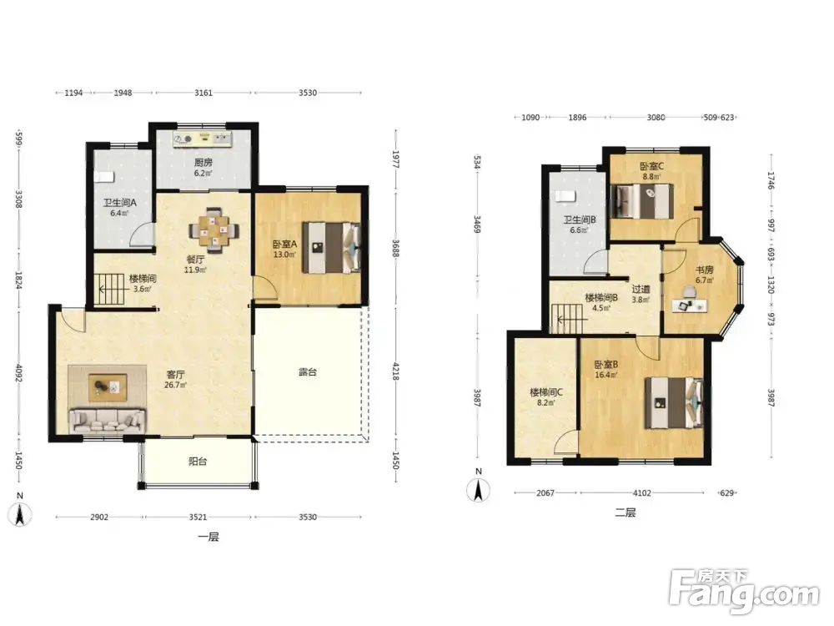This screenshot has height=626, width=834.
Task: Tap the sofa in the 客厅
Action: [108, 421]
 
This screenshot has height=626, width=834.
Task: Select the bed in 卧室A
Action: [332, 248]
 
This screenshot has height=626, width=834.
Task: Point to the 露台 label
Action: [307, 371]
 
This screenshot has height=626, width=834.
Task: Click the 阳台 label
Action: [198, 461]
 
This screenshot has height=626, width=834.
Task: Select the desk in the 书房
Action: [690, 305]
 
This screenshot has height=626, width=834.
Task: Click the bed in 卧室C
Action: [642, 200]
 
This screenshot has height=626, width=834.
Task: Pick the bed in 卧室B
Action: [673, 403]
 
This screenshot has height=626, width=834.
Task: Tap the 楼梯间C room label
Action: [546, 392]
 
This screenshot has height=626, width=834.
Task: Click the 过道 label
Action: [641, 289]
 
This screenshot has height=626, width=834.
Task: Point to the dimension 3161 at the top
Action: [203, 93]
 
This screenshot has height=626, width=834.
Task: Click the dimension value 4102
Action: [641, 493]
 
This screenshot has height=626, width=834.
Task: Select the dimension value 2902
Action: [99, 517]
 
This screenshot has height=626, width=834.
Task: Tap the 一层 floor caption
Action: [208, 537]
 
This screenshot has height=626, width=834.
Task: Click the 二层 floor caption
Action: [625, 512]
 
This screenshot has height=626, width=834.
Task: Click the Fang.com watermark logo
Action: [744, 592]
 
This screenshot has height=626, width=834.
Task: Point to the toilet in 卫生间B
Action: [565, 196]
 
